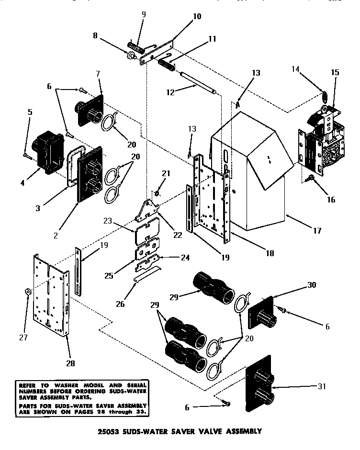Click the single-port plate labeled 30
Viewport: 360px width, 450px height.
coord(261,314)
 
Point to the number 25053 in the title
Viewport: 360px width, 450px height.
coord(110,431)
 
